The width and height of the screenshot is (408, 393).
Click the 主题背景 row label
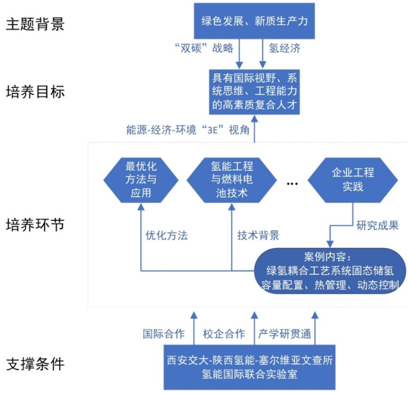pos(35,24)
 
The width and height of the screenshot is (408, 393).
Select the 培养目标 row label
pos(35,91)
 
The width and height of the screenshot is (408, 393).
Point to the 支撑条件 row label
pos(35,364)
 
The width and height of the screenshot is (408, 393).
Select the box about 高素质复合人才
pos(254,91)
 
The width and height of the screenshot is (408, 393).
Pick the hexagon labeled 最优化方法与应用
pos(141,179)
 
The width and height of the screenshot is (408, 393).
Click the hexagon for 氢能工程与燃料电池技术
pos(232,179)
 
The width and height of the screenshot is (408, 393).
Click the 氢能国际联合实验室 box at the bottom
pos(250,367)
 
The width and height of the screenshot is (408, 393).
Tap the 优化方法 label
pos(167,235)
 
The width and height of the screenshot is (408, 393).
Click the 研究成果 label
pos(378,225)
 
